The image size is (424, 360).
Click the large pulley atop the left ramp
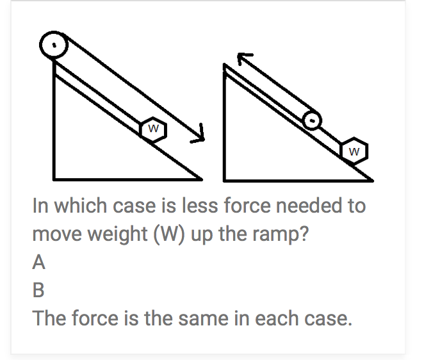pos(55,45)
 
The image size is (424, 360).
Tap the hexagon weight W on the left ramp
pos(153,129)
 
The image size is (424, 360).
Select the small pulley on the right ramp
pos(311,119)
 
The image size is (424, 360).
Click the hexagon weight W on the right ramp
pos(356,151)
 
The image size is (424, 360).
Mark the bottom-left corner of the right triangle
pos(225,177)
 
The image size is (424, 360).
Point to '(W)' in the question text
pos(163,234)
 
